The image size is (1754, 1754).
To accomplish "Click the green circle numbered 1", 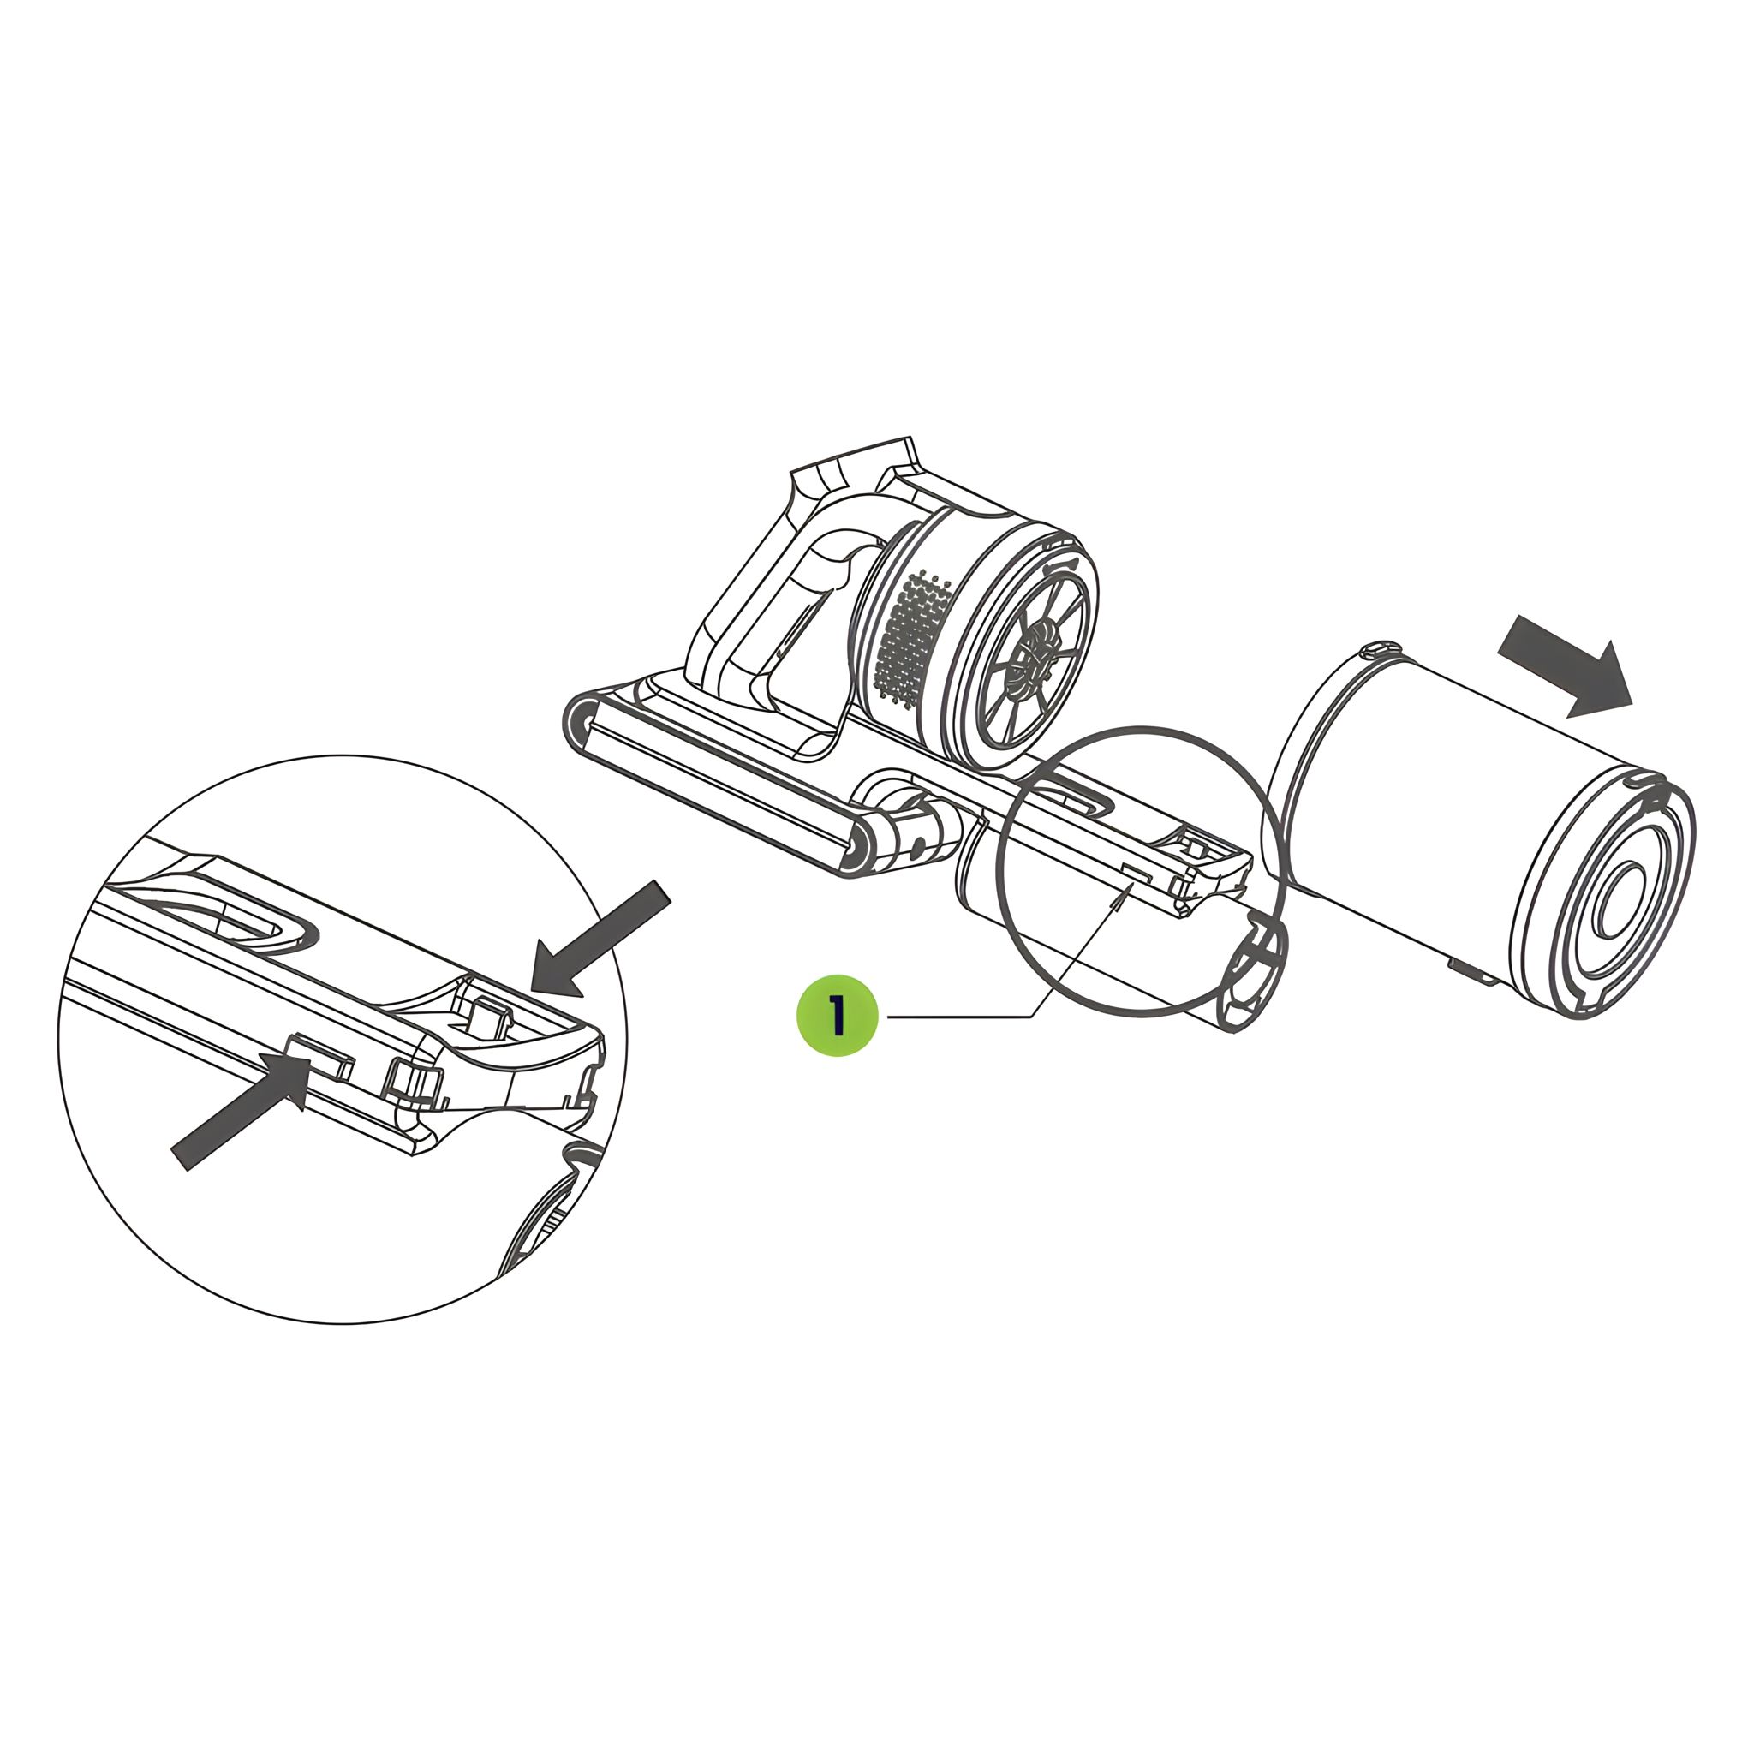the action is [x=837, y=1015].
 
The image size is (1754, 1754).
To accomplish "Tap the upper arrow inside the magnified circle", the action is [x=600, y=939].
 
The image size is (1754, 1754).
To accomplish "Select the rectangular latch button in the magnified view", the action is [x=318, y=1059].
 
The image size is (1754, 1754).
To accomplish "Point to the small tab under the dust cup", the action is [x=1472, y=969].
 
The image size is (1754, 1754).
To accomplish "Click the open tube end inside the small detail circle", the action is [x=1253, y=976].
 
